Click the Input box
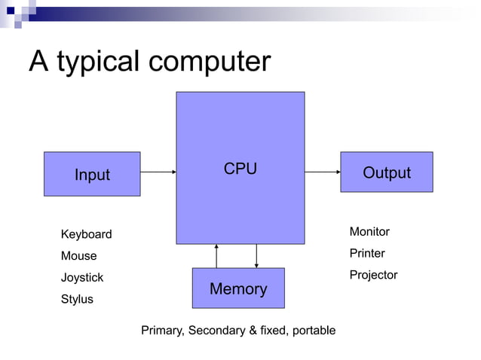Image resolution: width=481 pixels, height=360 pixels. pos(92,174)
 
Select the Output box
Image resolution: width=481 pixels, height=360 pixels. pos(386,172)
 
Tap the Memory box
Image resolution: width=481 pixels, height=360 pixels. pos(238,288)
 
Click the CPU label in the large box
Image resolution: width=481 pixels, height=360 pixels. pos(240,169)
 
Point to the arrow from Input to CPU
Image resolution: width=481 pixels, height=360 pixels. pos(158,172)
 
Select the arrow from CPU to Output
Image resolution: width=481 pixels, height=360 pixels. pos(323,172)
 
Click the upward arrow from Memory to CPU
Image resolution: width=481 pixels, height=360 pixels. pos(216,256)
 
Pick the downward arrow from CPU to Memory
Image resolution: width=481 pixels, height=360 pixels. pos(256,256)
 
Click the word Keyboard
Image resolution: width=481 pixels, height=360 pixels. pos(86,234)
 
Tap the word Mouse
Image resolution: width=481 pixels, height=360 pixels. pos(78,256)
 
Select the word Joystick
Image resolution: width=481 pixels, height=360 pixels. pos(81,278)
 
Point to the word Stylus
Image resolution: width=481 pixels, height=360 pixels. pos(77,299)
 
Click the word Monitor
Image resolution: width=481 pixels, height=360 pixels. pos(369,231)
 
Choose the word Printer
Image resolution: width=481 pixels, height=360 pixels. pos(367,253)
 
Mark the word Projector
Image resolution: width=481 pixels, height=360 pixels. pos(373,275)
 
